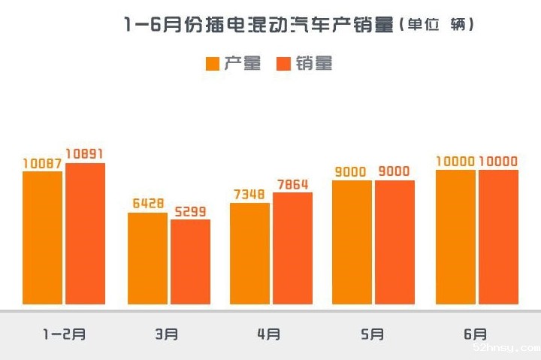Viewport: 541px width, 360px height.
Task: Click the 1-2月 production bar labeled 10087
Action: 42,237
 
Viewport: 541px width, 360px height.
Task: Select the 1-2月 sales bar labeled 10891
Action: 85,234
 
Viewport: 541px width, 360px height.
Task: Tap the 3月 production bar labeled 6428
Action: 147,259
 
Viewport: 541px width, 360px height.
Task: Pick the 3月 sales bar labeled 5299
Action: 190,262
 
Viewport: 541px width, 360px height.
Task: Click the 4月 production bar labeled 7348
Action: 249,253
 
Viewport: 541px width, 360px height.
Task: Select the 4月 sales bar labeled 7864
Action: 292,248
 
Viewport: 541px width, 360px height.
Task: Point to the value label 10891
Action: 85,153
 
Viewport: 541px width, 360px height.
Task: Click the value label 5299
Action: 190,211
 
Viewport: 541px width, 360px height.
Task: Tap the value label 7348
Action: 249,195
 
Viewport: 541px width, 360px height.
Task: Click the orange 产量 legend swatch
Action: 213,64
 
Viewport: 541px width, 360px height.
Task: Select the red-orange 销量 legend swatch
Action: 284,64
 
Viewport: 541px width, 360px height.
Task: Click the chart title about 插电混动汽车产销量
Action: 258,25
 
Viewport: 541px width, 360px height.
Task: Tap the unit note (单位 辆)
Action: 438,25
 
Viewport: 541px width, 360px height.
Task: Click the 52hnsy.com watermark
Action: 504,349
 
